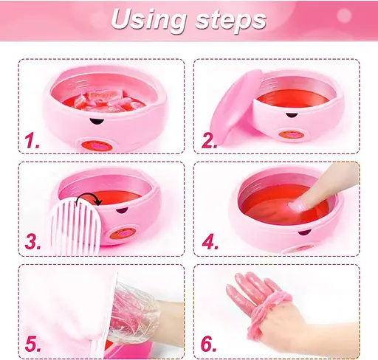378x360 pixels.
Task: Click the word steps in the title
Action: click(231, 20)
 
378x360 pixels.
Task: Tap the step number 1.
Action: click(32, 141)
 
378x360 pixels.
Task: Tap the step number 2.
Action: click(209, 141)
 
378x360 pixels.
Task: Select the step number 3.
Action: click(32, 241)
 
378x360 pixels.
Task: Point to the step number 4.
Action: click(210, 241)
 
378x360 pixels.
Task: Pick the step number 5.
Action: click(32, 344)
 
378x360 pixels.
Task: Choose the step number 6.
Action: click(209, 344)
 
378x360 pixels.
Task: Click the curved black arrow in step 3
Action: click(89, 195)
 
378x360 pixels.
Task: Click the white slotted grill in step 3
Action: click(75, 226)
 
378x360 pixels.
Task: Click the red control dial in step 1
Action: click(97, 146)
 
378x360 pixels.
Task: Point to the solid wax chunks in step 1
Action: click(109, 100)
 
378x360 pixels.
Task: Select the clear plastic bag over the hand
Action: click(133, 314)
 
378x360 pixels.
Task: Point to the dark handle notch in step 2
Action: click(291, 115)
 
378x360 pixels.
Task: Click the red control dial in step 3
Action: click(123, 233)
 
